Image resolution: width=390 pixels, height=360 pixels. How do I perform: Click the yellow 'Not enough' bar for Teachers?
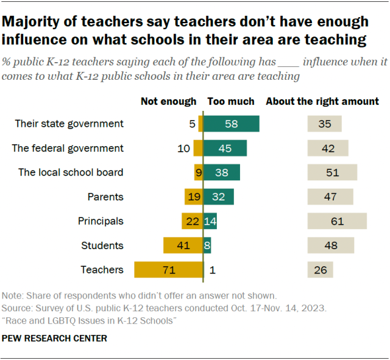tap(168, 270)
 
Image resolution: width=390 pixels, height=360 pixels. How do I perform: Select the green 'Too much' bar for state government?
tap(231, 124)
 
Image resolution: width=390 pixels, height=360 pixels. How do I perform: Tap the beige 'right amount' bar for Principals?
tap(337, 221)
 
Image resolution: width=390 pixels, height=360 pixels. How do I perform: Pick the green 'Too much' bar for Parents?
tap(218, 197)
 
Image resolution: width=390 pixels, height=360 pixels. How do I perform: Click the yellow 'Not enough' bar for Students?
tap(183, 245)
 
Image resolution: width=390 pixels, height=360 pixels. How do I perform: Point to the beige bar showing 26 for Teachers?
tap(320, 270)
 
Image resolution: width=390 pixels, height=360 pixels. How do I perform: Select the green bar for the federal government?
tap(225, 148)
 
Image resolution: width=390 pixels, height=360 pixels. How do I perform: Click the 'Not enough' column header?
tap(169, 102)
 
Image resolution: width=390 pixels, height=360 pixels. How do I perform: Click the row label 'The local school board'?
tap(71, 172)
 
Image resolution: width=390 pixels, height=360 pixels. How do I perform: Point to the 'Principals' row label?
tap(101, 221)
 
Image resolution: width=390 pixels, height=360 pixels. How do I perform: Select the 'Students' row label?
tap(102, 245)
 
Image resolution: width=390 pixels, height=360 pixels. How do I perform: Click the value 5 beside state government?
tap(192, 124)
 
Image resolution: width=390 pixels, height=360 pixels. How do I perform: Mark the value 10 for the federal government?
tap(184, 148)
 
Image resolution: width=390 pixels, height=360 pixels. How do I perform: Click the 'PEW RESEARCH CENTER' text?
tap(55, 338)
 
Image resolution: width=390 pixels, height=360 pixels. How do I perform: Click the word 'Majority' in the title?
tap(31, 22)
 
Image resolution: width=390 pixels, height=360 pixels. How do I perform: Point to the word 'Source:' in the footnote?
tap(18, 308)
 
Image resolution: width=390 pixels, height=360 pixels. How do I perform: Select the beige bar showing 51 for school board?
tap(332, 172)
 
